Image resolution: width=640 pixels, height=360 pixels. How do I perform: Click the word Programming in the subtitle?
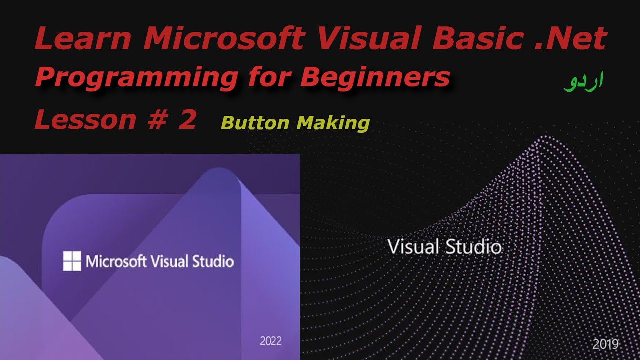[x=135, y=78]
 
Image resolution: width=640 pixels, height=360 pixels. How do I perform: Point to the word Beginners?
[x=375, y=78]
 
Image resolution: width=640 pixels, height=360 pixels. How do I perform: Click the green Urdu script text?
[x=583, y=81]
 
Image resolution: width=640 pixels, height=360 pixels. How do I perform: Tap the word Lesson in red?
[x=85, y=120]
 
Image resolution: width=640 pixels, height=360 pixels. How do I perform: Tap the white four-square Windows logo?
[x=72, y=261]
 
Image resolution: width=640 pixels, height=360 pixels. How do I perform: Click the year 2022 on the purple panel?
[x=271, y=341]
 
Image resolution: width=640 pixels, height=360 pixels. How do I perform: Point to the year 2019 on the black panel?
[x=606, y=344]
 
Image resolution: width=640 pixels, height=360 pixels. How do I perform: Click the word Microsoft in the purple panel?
[x=116, y=261]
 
